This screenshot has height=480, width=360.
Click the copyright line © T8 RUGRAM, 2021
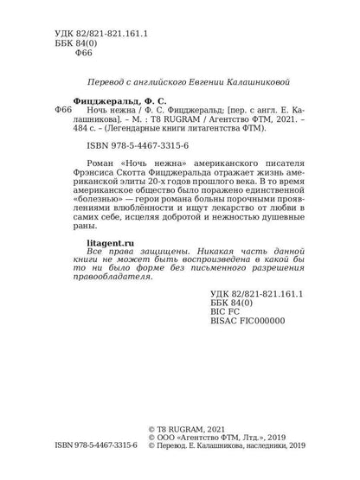tap(216, 441)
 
